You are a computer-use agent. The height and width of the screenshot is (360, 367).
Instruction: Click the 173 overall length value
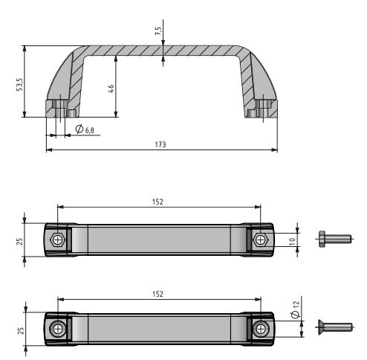tap(160, 144)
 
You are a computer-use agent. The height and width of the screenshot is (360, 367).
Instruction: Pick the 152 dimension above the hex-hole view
tap(157, 202)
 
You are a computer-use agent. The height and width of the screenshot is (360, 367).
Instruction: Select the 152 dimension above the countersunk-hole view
tap(157, 294)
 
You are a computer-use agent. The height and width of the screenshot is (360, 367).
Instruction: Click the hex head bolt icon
tap(334, 239)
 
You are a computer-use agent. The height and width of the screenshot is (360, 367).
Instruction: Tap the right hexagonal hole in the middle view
tap(259, 240)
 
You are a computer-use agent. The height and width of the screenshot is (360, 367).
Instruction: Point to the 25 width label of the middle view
tap(20, 240)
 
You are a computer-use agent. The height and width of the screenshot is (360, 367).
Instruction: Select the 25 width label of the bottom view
tap(20, 329)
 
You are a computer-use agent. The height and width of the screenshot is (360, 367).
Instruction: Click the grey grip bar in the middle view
tap(159, 240)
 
